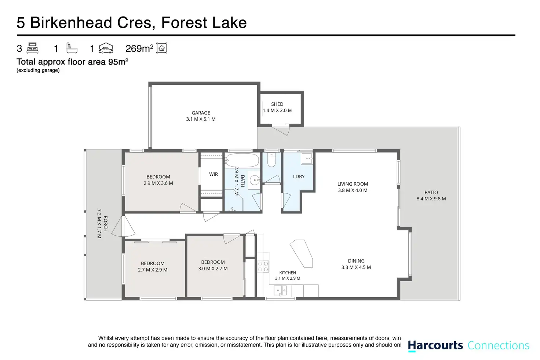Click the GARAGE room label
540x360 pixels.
pos(201,113)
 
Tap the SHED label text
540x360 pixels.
pos(277,104)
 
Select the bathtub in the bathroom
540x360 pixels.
pos(242,160)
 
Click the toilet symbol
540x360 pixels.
pos(271,159)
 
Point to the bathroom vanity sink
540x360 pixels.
pos(254,180)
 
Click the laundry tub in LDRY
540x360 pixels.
pos(307,159)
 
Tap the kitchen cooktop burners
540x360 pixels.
pos(263,266)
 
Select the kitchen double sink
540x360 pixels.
pos(280,290)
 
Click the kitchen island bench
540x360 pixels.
pos(301,254)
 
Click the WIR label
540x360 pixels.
pos(214,174)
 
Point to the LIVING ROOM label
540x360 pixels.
pos(353,184)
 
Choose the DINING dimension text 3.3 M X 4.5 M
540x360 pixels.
pos(356,267)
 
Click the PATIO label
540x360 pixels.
pos(431,192)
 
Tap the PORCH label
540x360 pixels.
pos(106,224)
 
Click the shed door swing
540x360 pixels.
pos(281,130)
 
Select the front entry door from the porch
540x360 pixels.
pos(123,227)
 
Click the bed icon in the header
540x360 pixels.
pos(33,48)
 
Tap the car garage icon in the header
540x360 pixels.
pos(106,48)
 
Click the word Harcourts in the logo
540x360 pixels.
pos(435,345)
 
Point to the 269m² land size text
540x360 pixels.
pos(139,48)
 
